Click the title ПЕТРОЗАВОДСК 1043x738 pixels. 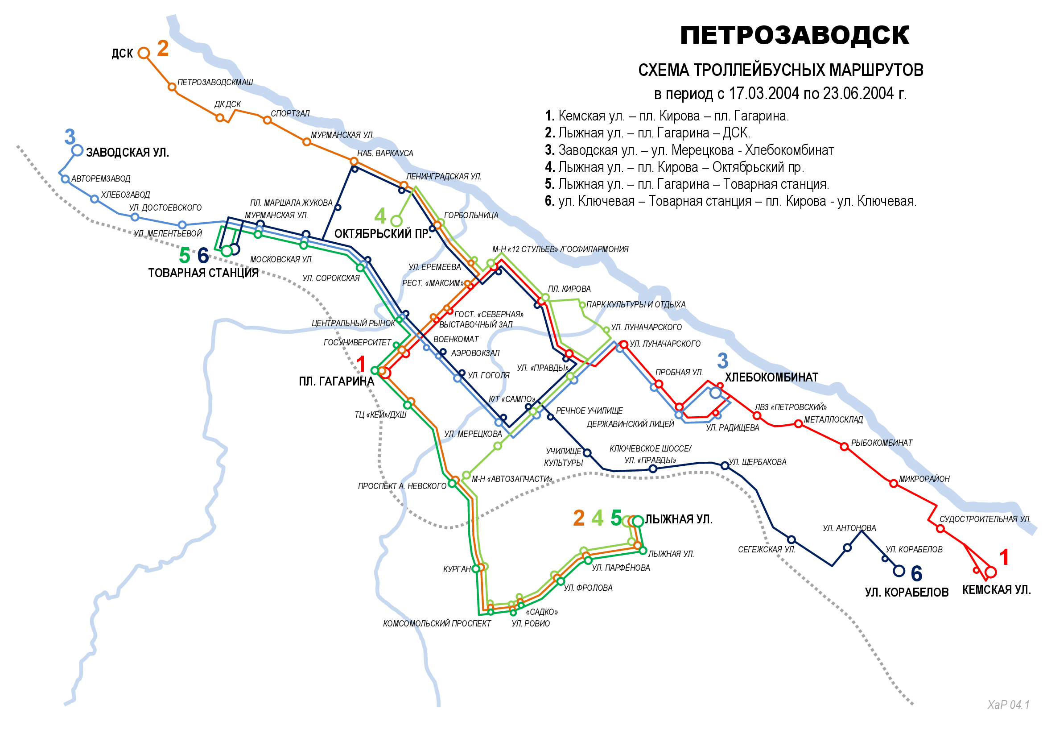794,35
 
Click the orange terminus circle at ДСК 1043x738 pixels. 144,53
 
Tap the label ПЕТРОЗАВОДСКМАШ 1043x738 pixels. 215,82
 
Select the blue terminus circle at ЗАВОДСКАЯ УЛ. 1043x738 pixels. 77,150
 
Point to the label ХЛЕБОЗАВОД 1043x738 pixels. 125,195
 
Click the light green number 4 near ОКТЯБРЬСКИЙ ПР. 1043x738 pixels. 380,216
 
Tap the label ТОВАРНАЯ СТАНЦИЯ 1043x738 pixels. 203,273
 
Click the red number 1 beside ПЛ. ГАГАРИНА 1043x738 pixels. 361,365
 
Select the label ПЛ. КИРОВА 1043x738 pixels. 569,289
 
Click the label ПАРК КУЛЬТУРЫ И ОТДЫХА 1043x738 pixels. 636,304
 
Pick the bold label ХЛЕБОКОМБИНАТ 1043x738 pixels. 771,377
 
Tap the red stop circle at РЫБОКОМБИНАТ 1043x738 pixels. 844,447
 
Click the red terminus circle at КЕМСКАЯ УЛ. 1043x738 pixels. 991,572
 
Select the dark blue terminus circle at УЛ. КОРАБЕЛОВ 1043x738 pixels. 899,571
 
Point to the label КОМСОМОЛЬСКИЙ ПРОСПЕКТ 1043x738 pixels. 437,624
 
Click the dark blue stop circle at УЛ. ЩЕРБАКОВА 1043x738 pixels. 725,466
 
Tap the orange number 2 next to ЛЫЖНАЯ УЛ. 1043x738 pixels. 579,518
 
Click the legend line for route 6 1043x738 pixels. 730,201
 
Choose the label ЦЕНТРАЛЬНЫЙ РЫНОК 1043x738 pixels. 353,323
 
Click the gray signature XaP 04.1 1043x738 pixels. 1008,705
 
